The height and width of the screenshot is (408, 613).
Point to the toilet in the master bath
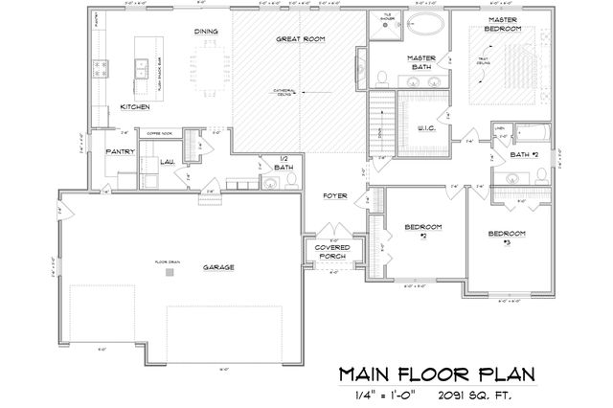pyautogui.click(x=381, y=77)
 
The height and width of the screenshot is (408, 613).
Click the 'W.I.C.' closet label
pyautogui.click(x=426, y=126)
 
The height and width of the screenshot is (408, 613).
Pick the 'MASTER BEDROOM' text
pyautogui.click(x=504, y=24)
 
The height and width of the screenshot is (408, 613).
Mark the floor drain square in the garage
pyautogui.click(x=170, y=271)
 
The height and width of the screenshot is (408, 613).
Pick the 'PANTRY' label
pyautogui.click(x=118, y=150)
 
